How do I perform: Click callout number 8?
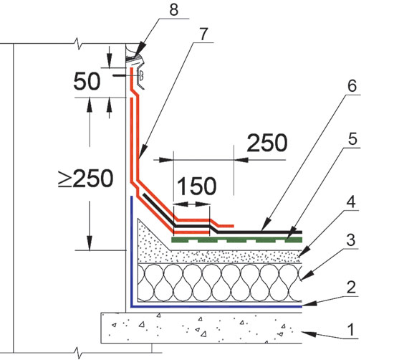173,9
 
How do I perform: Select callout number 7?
203,34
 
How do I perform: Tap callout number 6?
352,86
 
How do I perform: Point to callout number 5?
352,138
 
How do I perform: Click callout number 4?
351,202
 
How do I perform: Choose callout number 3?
351,240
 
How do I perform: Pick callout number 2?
351,288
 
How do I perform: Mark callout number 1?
350,329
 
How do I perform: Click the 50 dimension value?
87,81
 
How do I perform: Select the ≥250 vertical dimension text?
86,179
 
